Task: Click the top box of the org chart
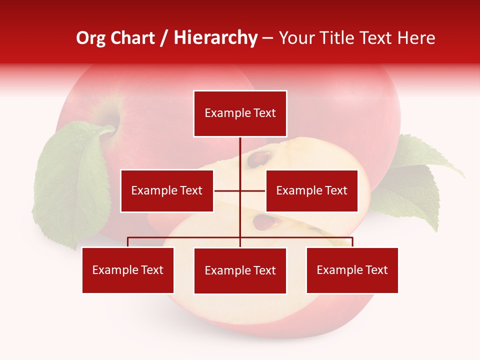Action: (240, 113)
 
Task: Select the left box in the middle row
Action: (167, 190)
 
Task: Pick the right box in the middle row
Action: (311, 190)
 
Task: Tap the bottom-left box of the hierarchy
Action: (128, 270)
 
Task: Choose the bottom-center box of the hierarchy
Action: (240, 270)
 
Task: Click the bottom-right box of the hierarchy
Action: (352, 270)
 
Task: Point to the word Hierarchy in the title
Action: (215, 38)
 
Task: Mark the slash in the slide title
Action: (164, 38)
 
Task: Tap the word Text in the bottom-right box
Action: (376, 270)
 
